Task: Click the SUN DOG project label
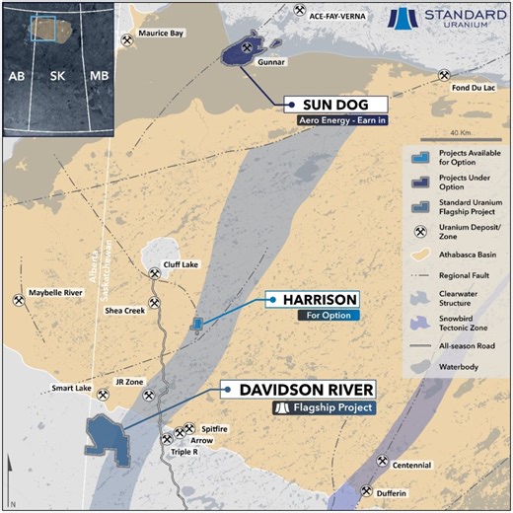[x=335, y=105]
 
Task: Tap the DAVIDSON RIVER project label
[x=302, y=390]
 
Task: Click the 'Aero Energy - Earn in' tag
[x=335, y=122]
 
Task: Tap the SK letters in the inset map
[x=57, y=76]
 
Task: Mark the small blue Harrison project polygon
[x=198, y=323]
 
